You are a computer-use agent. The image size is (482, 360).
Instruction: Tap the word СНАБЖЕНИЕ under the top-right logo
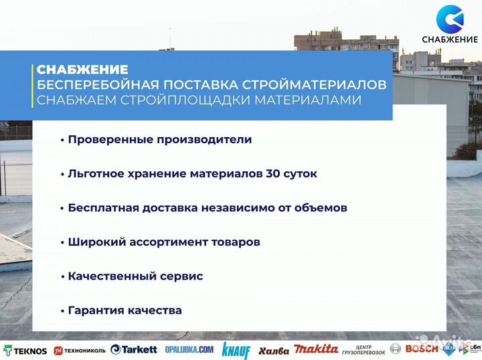449,39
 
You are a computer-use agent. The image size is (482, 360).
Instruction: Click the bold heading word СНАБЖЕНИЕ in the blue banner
82,70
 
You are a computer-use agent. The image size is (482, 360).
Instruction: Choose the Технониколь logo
80,351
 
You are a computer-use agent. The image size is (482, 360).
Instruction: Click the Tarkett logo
134,349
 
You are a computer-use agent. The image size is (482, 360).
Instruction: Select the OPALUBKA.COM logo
189,350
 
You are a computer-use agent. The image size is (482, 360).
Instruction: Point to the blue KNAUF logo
236,350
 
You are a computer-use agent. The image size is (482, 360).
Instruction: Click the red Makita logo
316,349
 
